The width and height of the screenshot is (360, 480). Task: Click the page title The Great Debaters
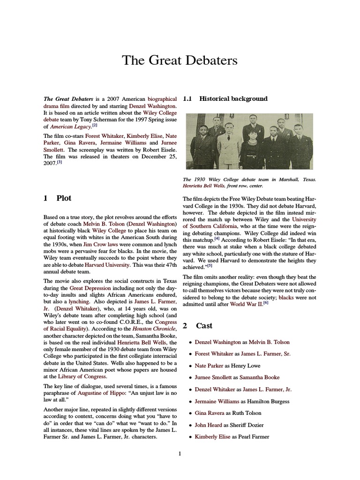[180, 60]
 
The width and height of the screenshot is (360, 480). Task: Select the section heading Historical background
[233, 99]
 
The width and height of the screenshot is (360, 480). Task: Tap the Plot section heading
[64, 198]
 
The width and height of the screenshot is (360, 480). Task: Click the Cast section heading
[204, 326]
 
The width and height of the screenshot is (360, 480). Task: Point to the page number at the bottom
[180, 453]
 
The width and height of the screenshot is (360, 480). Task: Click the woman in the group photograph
[247, 150]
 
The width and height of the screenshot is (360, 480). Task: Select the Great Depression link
[90, 287]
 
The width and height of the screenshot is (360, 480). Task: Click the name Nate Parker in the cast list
[208, 366]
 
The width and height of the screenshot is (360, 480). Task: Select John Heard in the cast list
[208, 425]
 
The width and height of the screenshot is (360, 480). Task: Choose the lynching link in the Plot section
[79, 302]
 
